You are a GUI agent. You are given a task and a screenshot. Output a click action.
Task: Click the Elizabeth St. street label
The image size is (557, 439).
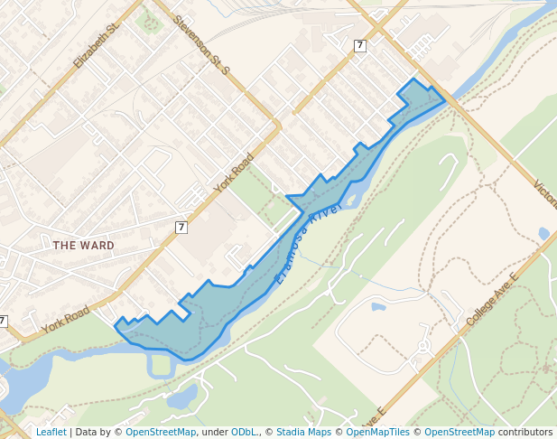97,46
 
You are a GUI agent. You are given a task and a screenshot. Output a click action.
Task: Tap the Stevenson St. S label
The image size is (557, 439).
202,44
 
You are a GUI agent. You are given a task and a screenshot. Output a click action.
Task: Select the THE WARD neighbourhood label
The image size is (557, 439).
83,245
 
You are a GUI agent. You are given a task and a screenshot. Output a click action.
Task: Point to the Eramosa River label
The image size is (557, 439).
308,243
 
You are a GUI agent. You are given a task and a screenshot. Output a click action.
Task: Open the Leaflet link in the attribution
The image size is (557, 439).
51,432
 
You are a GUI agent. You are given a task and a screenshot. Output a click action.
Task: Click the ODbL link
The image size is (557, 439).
245,432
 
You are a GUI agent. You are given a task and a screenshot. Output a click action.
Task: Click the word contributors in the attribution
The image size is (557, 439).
525,432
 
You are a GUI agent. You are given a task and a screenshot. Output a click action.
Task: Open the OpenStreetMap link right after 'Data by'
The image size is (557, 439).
161,432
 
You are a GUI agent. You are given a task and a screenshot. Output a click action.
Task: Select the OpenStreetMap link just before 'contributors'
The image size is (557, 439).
460,432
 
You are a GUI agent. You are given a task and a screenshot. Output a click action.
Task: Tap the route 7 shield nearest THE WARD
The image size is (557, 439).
181,227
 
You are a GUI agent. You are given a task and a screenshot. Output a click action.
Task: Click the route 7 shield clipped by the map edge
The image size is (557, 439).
3,321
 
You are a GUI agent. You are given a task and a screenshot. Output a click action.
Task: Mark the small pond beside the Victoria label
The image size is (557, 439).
543,233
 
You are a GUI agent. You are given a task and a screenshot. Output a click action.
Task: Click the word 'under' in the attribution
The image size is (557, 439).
214,432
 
